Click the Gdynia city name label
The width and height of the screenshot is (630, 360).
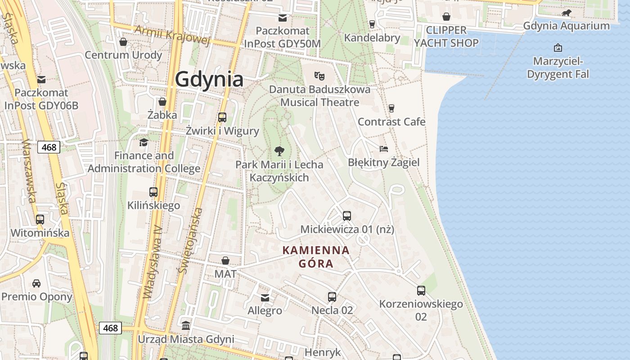209,79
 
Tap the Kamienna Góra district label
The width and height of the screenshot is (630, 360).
316,257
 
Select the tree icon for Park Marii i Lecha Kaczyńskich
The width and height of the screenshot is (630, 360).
279,151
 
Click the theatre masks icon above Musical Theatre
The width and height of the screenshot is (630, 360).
319,75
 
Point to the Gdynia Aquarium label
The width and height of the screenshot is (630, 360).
566,26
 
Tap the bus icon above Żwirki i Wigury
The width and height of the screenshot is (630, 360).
222,117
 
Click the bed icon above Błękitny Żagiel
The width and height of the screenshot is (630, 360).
384,149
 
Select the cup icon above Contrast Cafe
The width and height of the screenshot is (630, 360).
391,108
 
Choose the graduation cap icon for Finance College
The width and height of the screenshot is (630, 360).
144,142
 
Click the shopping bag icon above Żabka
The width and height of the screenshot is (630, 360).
162,102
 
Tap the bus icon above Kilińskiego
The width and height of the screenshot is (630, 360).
153,192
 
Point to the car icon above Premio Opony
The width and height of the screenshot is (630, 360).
36,283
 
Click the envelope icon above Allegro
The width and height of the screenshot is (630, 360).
265,297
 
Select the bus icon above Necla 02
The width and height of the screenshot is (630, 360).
332,297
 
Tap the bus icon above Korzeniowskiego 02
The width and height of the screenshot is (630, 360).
421,291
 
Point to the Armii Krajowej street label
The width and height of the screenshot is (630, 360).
173,35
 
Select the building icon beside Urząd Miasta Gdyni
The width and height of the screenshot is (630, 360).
186,325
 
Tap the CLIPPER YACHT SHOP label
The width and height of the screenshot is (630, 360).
446,36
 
